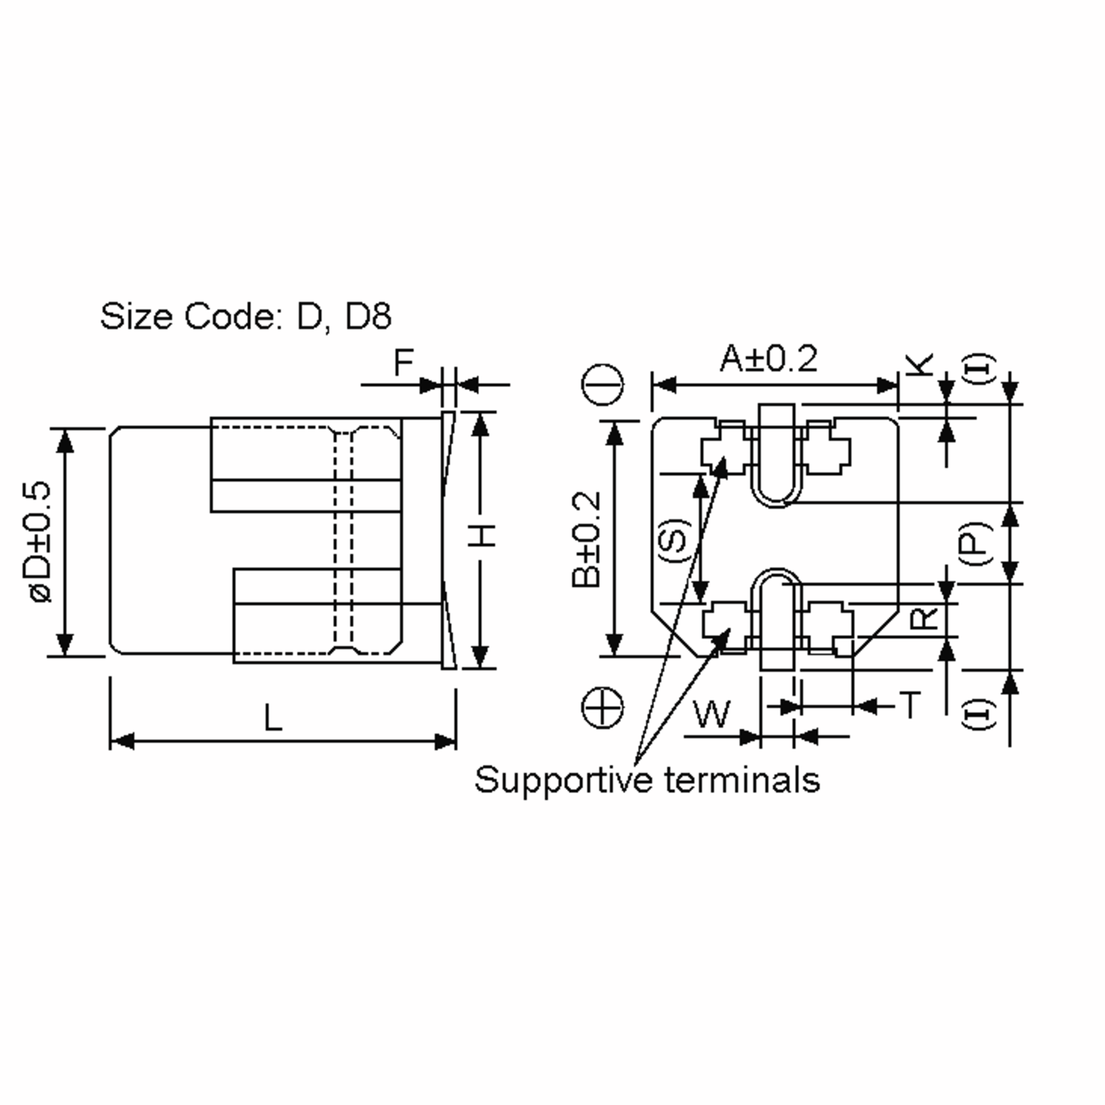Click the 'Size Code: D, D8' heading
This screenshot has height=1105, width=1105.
(245, 316)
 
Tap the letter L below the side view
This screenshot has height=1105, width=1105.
(273, 718)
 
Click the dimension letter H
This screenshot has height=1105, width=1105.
(483, 535)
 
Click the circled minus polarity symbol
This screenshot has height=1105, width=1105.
(602, 384)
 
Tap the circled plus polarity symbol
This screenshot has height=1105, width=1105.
(602, 708)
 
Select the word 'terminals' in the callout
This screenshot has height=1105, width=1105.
(742, 779)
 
